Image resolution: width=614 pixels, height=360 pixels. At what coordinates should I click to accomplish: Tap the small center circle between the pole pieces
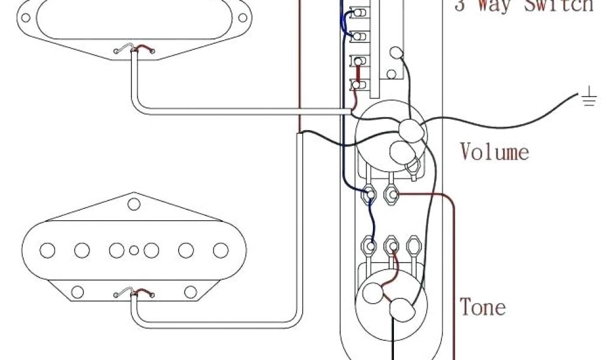pos(134,250)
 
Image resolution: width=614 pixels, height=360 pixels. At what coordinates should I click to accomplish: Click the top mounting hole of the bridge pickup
pos(134,204)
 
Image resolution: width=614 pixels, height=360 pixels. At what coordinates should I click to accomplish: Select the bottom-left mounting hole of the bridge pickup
pos(77,292)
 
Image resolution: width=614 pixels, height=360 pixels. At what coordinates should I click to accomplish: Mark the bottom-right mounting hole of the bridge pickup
pos(190,292)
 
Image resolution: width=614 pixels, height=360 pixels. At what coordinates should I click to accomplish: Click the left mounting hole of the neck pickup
pos(25,17)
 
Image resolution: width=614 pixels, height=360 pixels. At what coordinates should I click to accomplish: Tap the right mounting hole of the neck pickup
pos(243,17)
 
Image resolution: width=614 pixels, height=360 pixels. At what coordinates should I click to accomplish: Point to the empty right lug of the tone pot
pos(413,245)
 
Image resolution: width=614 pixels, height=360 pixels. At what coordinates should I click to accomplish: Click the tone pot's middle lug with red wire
pos(392,245)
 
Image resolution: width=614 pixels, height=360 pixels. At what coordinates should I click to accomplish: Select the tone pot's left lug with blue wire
pos(371,245)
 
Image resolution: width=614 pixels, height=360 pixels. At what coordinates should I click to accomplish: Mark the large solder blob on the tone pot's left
pos(373,293)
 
